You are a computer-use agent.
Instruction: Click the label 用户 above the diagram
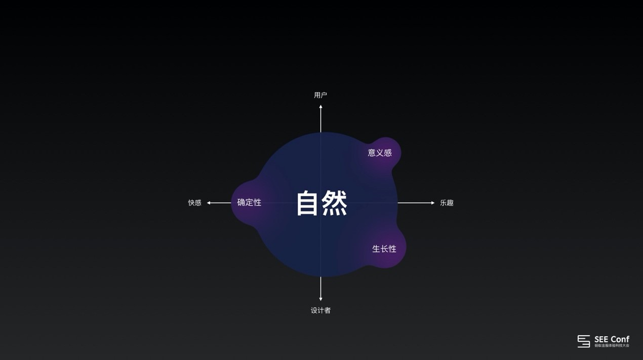320,95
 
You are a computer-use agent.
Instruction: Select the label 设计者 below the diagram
320,310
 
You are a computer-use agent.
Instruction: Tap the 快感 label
195,203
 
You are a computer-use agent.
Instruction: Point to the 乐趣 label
447,203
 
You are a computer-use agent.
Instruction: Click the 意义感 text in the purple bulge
380,153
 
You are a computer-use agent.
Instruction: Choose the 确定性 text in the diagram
249,203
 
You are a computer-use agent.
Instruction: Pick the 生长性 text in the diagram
384,249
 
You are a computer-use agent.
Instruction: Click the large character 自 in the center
308,203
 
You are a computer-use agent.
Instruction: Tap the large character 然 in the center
335,203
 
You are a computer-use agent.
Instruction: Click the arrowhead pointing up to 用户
320,107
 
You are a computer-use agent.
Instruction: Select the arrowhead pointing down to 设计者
320,299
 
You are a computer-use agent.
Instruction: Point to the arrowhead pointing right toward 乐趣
432,203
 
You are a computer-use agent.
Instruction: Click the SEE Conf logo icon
584,341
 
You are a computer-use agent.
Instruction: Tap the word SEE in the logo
601,339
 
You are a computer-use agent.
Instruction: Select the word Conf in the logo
620,339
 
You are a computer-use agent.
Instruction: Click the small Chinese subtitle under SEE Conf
612,346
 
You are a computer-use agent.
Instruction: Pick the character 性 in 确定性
257,203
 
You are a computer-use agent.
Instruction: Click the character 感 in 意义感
388,153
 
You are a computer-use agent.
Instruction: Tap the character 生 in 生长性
376,249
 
